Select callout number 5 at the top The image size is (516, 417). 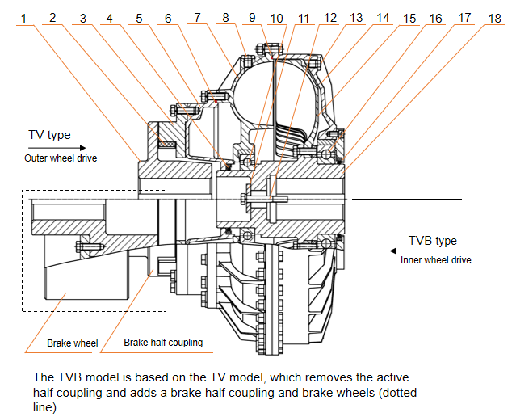pos(140,17)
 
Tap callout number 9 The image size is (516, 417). pos(252,17)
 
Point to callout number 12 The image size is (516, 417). pos(329,17)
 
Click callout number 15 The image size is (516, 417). pos(409,17)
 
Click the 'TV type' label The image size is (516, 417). pos(49,135)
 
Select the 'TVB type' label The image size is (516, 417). pos(433,241)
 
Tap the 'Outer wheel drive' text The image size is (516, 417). pos(60,158)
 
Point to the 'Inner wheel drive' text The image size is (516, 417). pos(435,260)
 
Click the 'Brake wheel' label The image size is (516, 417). pos(72,343)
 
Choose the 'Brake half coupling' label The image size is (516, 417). pos(163,343)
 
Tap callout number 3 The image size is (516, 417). pos(83,17)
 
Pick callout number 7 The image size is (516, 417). pos(196,17)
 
